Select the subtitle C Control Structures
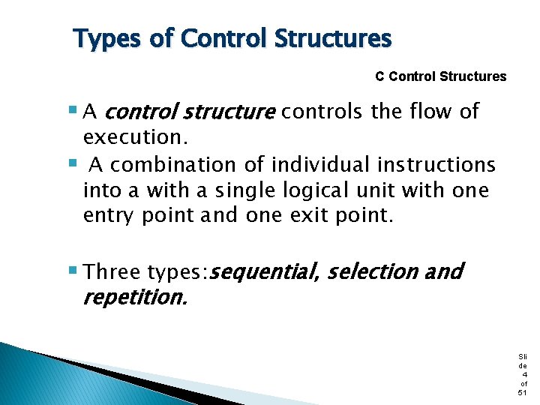(440, 76)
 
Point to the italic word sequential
(265, 271)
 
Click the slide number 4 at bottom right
(523, 373)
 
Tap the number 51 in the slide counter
(523, 392)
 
